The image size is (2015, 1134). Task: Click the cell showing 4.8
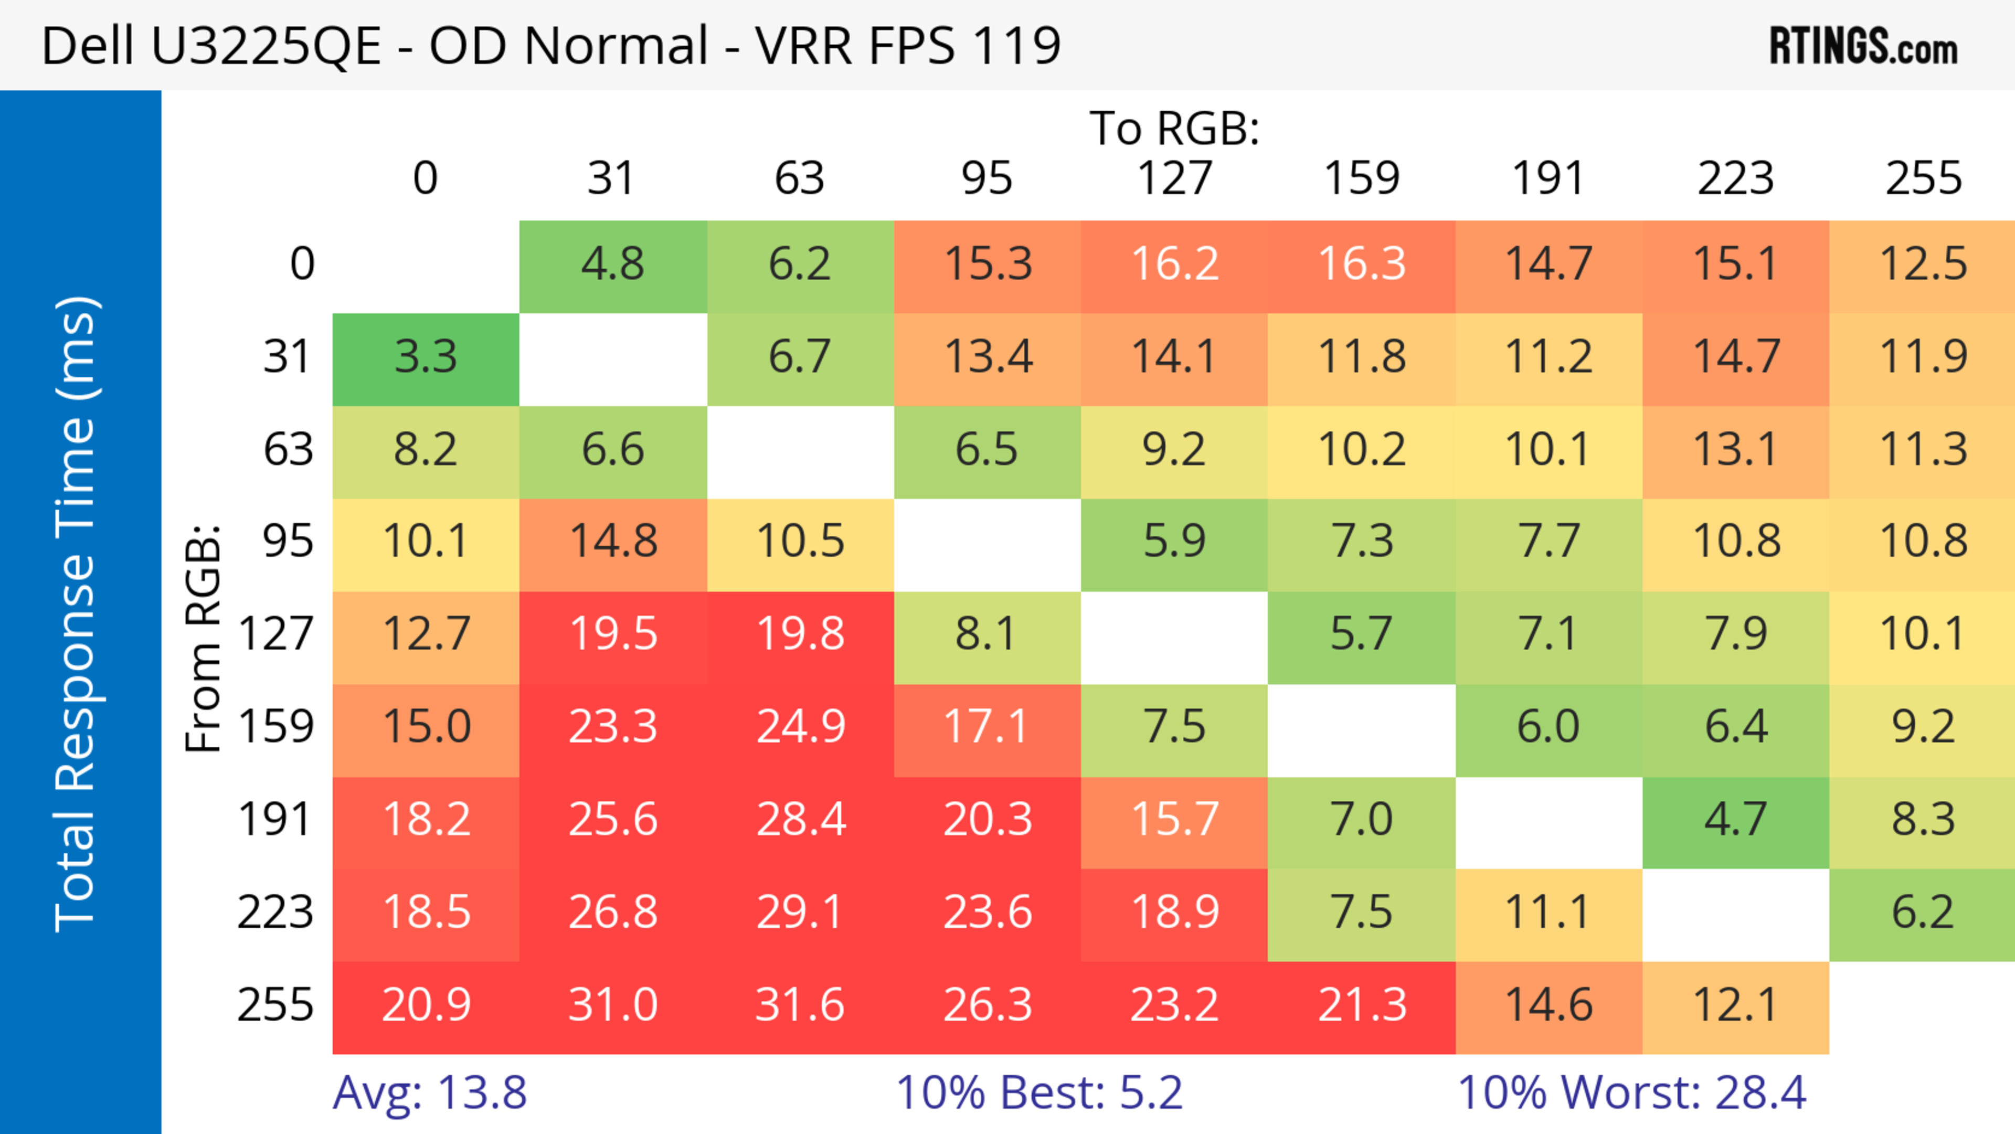coord(612,264)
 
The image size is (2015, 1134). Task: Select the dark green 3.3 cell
coord(426,357)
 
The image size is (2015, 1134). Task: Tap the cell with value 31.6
coord(799,1005)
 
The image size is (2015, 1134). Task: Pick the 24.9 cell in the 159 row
coord(799,727)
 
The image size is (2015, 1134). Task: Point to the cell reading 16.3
coord(1361,264)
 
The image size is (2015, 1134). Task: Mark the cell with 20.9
coord(426,1005)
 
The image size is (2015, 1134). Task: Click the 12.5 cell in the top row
coord(1922,264)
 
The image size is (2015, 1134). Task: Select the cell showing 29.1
coord(799,913)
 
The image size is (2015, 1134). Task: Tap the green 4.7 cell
coord(1735,820)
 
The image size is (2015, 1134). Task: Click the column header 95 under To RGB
coord(987,178)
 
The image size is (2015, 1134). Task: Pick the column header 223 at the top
coord(1735,178)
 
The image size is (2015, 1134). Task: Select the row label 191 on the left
coord(275,820)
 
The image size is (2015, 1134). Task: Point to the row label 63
coord(288,450)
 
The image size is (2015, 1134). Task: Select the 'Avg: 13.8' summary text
coord(429,1093)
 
